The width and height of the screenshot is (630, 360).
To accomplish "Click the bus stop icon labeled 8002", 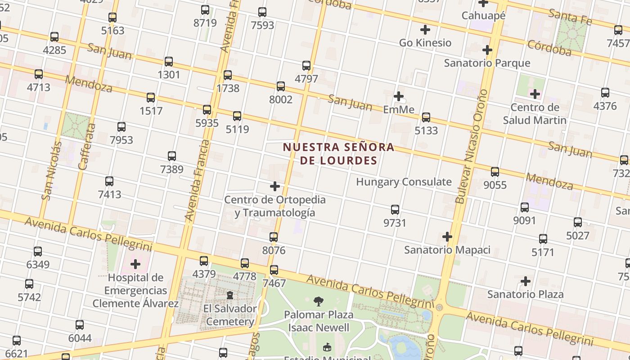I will pyautogui.click(x=281, y=86).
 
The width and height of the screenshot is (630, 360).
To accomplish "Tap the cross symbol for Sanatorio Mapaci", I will pyautogui.click(x=447, y=236).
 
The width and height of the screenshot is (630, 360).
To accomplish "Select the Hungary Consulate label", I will pyautogui.click(x=404, y=182).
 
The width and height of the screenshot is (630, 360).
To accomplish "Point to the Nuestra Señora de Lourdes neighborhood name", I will pyautogui.click(x=338, y=153).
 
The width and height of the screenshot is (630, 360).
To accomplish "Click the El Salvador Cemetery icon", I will pyautogui.click(x=230, y=295).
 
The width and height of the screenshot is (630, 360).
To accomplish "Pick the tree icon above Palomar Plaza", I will pyautogui.click(x=319, y=301).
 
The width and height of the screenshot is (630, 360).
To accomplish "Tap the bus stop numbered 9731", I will pyautogui.click(x=395, y=209).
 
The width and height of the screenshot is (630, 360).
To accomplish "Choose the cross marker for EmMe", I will pyautogui.click(x=398, y=96).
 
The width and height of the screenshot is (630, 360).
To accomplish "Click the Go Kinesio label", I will pyautogui.click(x=425, y=43).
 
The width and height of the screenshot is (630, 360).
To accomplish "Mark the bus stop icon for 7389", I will pyautogui.click(x=171, y=156).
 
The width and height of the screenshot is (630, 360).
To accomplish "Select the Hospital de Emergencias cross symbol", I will pyautogui.click(x=135, y=264).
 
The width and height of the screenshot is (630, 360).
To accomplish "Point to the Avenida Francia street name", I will pyautogui.click(x=198, y=180).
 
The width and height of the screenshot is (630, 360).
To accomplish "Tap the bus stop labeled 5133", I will pyautogui.click(x=426, y=117).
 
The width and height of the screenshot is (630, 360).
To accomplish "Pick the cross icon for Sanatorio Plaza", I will pyautogui.click(x=525, y=281).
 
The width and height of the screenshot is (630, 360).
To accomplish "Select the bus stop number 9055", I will pyautogui.click(x=495, y=171).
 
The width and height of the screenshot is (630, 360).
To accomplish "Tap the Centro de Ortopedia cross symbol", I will pyautogui.click(x=274, y=186).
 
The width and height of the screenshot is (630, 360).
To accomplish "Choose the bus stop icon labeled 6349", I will pyautogui.click(x=38, y=251).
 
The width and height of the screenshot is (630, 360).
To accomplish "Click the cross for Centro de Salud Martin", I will pyautogui.click(x=535, y=94).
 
